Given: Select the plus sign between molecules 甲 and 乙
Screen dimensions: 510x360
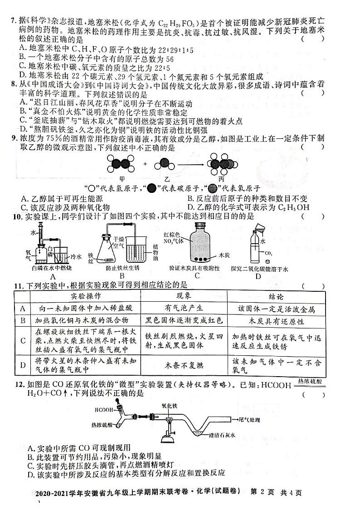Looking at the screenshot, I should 145,164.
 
